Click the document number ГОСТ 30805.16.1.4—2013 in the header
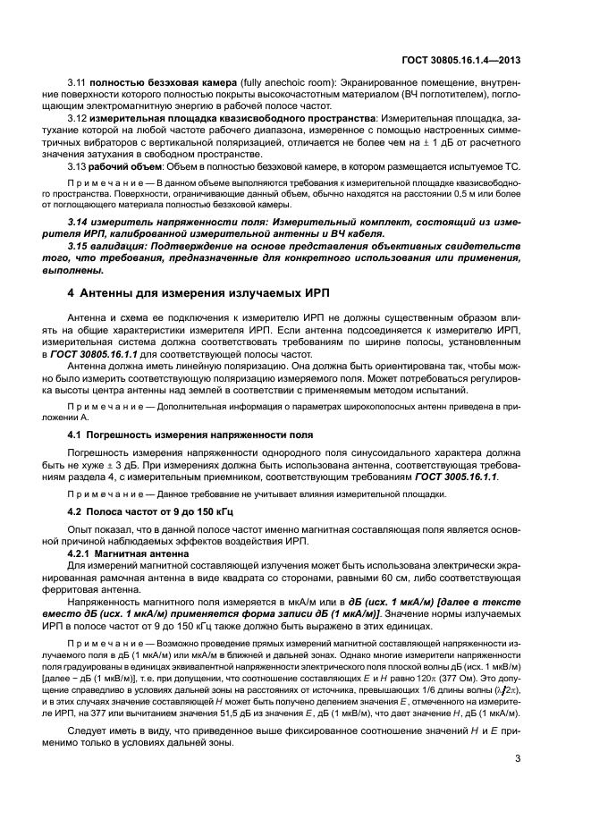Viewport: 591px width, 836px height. (x=462, y=61)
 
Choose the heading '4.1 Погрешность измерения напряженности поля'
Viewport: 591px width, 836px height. (x=190, y=434)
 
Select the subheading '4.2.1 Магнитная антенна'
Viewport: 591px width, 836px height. (x=128, y=554)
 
